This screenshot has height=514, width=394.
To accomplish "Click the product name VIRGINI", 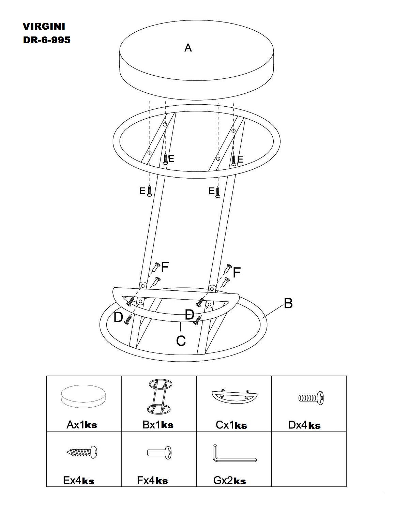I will pos(44,26).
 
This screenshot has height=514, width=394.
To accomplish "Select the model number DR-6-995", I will pos(47,40).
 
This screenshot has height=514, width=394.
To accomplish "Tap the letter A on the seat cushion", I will pos(188,48).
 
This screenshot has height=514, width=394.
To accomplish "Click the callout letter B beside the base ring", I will pos(288,303).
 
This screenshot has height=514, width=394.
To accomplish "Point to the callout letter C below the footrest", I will pos(181,341).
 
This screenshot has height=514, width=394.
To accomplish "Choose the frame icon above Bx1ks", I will pos(159,396).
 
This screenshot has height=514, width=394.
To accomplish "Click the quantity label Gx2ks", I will pos(229,481).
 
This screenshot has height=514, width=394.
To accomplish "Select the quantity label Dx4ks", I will pos(304,425).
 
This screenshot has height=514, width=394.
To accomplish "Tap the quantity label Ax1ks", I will pos(82,425).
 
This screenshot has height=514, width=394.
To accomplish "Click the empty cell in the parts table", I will pos(308,459).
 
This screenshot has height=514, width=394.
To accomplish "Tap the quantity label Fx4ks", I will pos(152,481).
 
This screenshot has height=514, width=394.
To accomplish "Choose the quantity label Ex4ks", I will pos(79,481).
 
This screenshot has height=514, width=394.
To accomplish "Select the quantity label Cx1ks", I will pos(231,425).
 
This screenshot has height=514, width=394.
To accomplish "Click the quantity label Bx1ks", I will pos(158,425).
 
